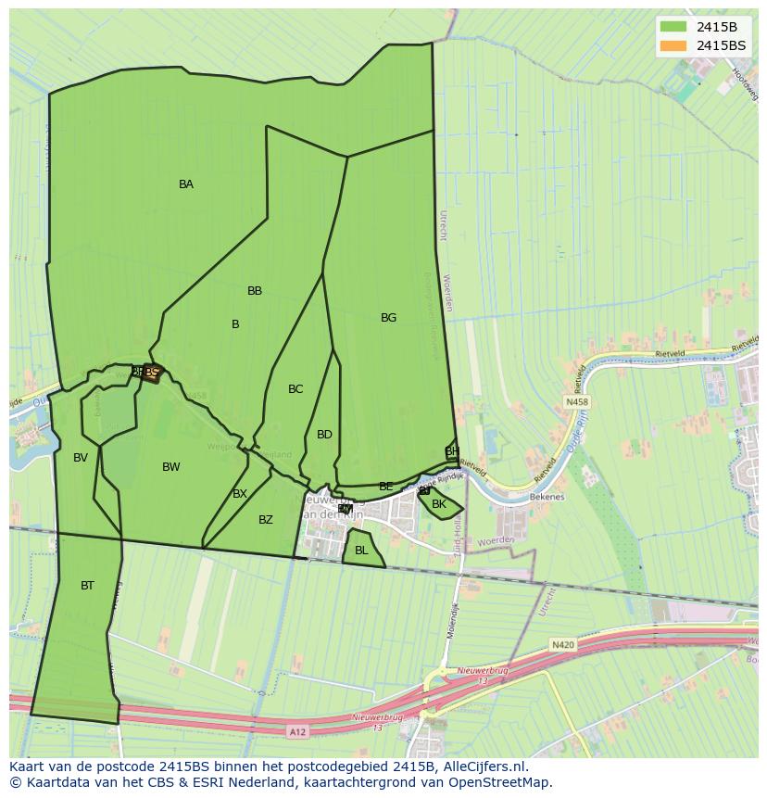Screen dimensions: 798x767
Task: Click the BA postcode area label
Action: coord(186,184)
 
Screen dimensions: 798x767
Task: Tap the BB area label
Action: coord(255,291)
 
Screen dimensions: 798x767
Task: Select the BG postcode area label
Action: coord(388,318)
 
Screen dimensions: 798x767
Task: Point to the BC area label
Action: coord(295,389)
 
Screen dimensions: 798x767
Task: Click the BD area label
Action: coord(324,435)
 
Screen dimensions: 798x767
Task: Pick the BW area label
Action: coord(171,467)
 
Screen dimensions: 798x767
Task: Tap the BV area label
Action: coord(81,458)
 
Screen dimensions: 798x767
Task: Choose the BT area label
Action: coord(87,586)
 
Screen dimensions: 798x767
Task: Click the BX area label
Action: coord(240,494)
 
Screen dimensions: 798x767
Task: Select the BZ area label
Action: coord(266,520)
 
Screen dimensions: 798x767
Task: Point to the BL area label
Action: coord(361,551)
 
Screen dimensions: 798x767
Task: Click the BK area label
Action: coord(439,505)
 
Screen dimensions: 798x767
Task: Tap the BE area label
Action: coord(386,487)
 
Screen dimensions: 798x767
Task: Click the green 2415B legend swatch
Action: coord(673,27)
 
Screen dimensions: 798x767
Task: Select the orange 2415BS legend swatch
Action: coord(673,45)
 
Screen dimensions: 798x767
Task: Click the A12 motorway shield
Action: coord(296,732)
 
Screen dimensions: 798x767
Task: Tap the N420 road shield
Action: coord(562,644)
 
